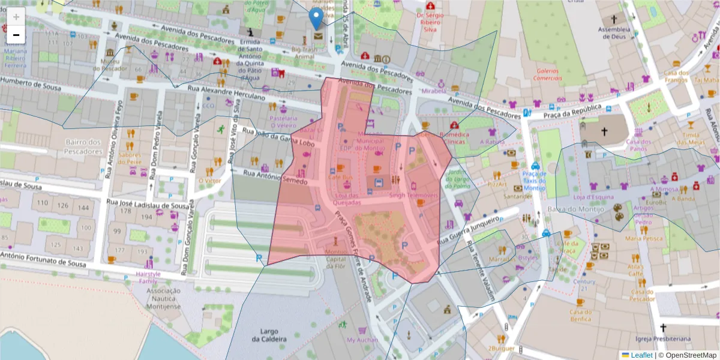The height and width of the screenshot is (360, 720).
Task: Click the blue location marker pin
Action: click(316, 18)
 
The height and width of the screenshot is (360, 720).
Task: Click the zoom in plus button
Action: click(16, 16)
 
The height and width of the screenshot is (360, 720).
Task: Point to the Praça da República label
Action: click(572, 110)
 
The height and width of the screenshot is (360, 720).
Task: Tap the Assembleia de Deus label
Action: click(614, 32)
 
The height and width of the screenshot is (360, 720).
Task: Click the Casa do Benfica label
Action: click(580, 315)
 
